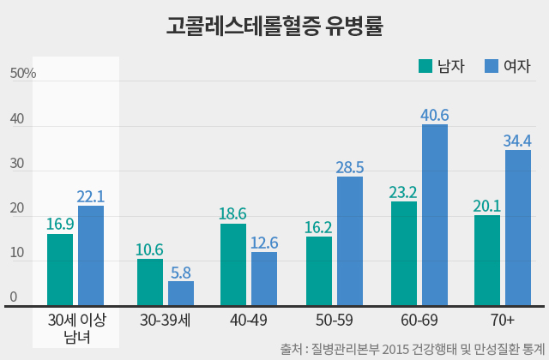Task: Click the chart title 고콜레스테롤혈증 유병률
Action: click(274, 27)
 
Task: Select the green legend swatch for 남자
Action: click(425, 66)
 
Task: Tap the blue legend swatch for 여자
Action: click(492, 66)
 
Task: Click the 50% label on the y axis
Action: click(23, 74)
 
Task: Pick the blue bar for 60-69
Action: click(435, 214)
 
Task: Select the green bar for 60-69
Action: click(403, 253)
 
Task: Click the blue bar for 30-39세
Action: click(181, 292)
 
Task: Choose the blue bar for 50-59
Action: click(350, 241)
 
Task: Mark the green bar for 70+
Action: click(487, 260)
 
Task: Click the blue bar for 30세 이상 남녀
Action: click(91, 255)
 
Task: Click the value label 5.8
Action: click(181, 272)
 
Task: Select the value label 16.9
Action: click(60, 225)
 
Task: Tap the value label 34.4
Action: click(518, 141)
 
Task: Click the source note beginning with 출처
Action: click(412, 349)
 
